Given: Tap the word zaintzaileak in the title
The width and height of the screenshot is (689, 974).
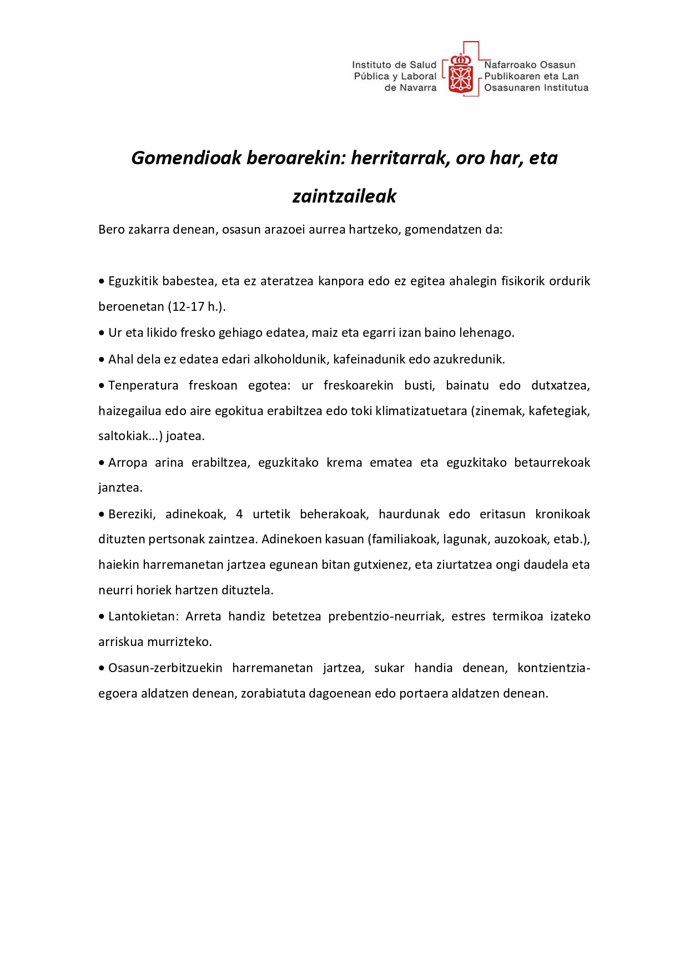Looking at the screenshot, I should tap(344, 196).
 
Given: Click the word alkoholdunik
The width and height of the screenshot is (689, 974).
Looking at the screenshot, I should tap(290, 360).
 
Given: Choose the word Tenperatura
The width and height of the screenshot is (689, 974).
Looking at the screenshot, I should tap(143, 386).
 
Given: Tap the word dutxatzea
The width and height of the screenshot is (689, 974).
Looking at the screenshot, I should tap(560, 386).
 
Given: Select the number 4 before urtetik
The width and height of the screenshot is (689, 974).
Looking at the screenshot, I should tap(239, 514).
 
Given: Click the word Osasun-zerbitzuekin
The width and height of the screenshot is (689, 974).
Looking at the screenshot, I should tap(165, 668).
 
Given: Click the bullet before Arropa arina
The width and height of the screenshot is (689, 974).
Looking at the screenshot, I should tap(102, 463).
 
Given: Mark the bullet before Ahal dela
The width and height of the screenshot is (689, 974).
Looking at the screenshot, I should tap(102, 360).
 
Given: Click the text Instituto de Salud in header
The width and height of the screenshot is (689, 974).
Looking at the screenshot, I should tap(394, 65).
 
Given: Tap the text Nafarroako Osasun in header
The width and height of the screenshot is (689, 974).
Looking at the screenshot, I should tap(530, 65).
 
